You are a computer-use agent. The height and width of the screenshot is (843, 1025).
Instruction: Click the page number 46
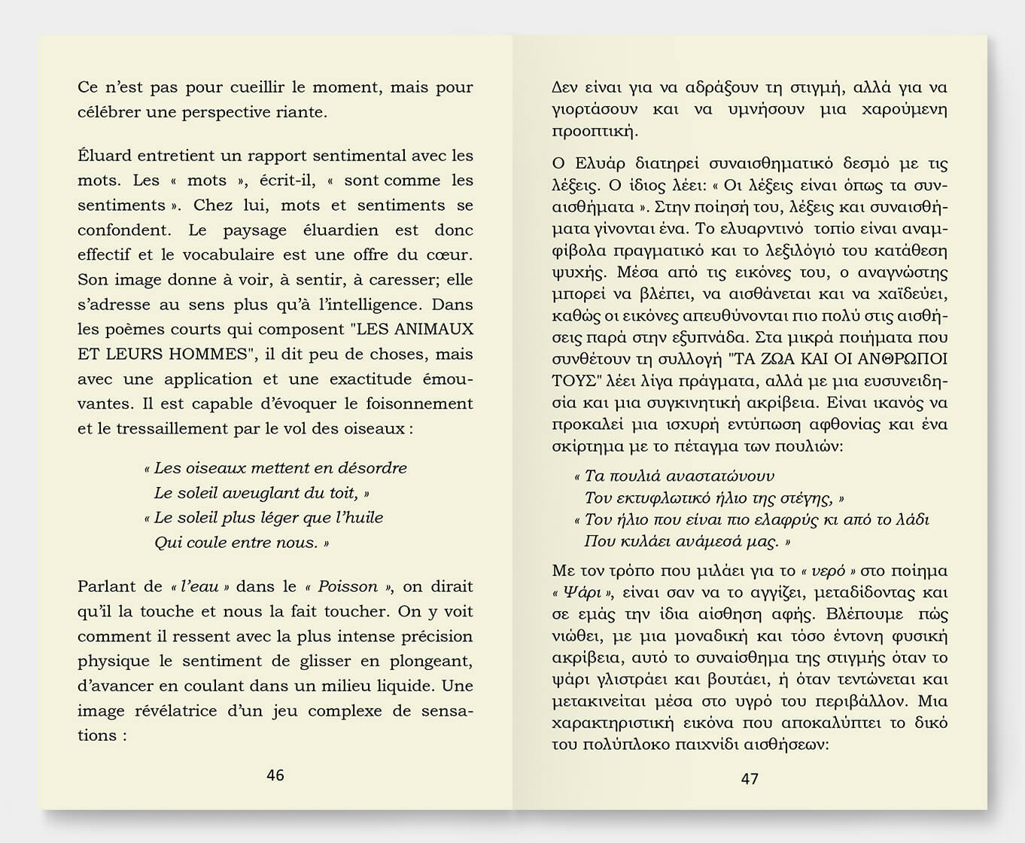tap(275, 775)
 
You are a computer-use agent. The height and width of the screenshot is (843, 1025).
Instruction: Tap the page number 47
tap(750, 778)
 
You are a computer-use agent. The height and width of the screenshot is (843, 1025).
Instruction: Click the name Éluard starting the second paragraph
tap(101, 156)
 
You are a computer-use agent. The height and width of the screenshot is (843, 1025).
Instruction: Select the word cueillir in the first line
tap(256, 87)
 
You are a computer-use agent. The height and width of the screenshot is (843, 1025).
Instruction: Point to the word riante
tap(303, 112)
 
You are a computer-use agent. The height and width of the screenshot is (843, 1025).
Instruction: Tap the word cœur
tap(452, 255)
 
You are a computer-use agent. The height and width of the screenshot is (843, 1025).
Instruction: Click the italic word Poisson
tap(348, 587)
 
